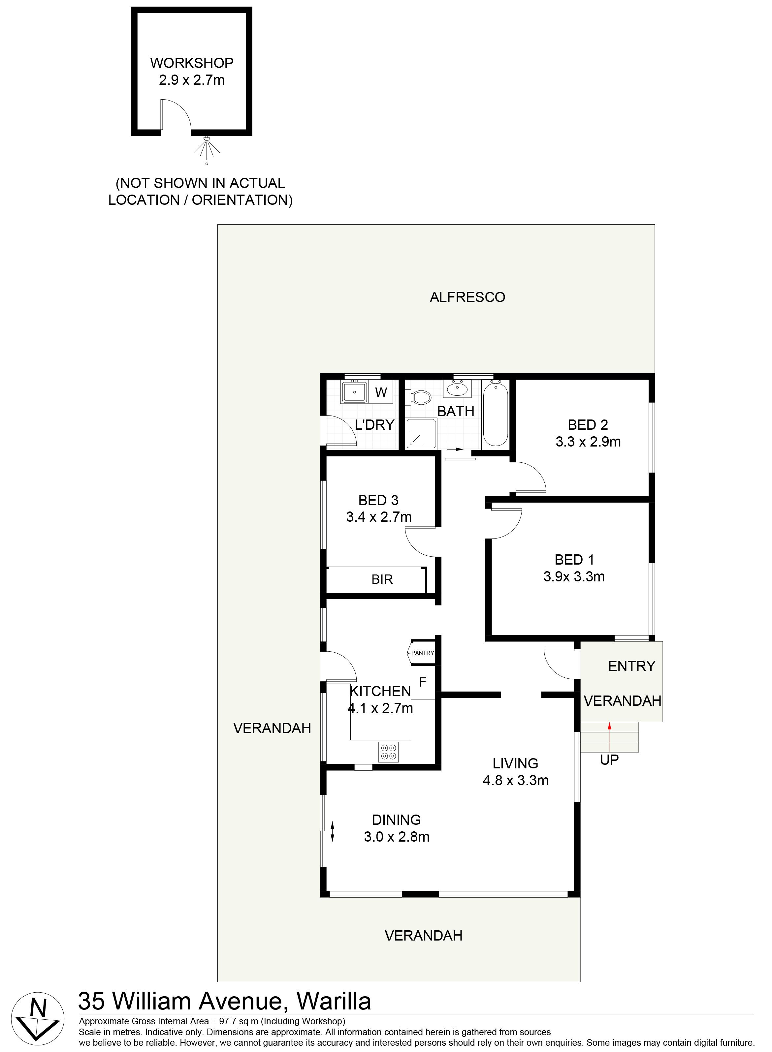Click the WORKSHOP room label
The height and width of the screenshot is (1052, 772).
pyautogui.click(x=192, y=63)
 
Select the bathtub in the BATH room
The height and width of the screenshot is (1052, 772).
pyautogui.click(x=495, y=414)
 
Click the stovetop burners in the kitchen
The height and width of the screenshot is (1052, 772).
pyautogui.click(x=388, y=752)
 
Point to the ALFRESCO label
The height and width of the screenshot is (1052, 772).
pyautogui.click(x=467, y=297)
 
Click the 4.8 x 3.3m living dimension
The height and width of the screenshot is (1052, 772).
pyautogui.click(x=515, y=780)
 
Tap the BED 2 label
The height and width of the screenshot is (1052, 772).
pyautogui.click(x=588, y=425)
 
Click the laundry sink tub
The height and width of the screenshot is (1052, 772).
pyautogui.click(x=355, y=392)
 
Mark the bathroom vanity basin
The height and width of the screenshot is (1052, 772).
pyautogui.click(x=457, y=389)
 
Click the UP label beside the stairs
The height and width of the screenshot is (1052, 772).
pyautogui.click(x=609, y=760)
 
